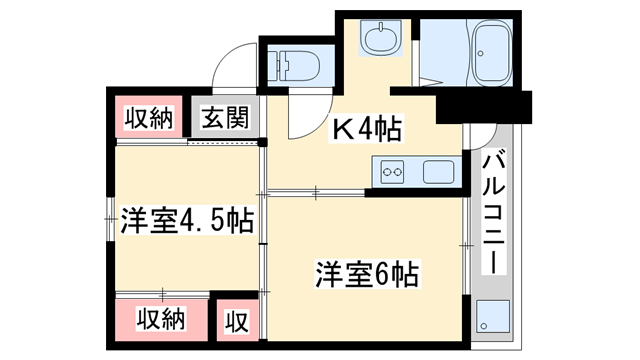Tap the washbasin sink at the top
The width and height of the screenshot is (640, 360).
381,41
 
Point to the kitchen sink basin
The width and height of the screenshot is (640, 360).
437,172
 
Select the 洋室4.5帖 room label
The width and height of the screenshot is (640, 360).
186,218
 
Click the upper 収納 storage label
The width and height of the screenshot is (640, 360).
149,117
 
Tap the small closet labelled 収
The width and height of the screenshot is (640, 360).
236,321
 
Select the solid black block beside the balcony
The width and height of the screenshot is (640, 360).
484,104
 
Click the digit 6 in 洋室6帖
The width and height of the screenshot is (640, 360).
384,272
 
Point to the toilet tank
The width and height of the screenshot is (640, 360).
276,64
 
